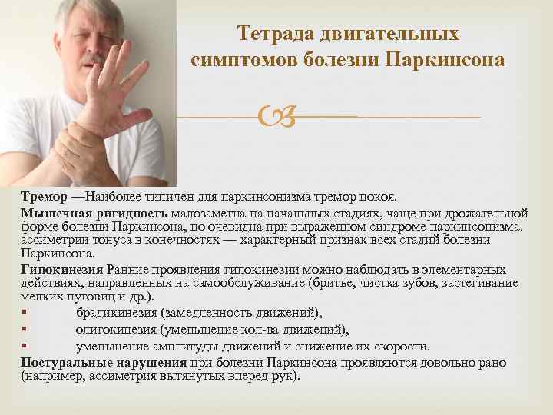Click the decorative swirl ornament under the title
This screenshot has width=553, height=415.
pos(273,118)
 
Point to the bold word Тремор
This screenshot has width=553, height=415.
pos(44,196)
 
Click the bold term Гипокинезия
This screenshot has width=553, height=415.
pos(63,269)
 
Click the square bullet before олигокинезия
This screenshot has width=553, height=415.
pos(25,330)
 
